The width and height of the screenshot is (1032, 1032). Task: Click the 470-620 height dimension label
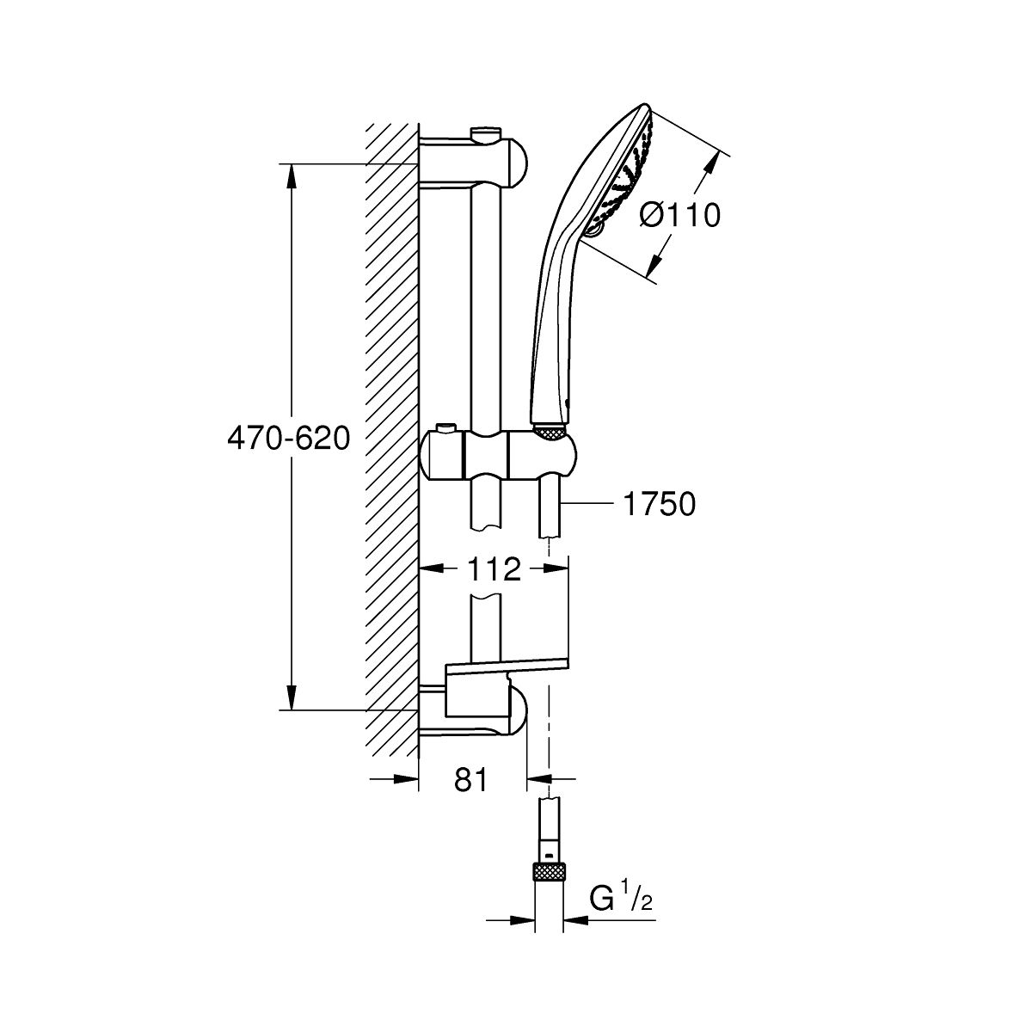289,439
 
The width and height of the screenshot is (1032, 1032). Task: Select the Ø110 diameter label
679,216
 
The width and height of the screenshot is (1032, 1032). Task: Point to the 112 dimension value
494,570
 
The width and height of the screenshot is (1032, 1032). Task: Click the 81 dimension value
471,779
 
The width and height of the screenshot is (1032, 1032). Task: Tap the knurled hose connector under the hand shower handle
550,433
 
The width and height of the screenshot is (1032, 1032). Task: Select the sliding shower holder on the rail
499,454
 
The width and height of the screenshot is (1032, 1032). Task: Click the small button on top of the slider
444,428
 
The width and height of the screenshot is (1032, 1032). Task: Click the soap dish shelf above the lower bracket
507,667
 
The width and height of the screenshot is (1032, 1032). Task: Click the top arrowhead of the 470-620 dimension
292,176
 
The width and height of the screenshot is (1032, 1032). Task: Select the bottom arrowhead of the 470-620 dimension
292,697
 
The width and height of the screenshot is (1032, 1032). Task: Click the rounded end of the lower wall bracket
518,709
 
